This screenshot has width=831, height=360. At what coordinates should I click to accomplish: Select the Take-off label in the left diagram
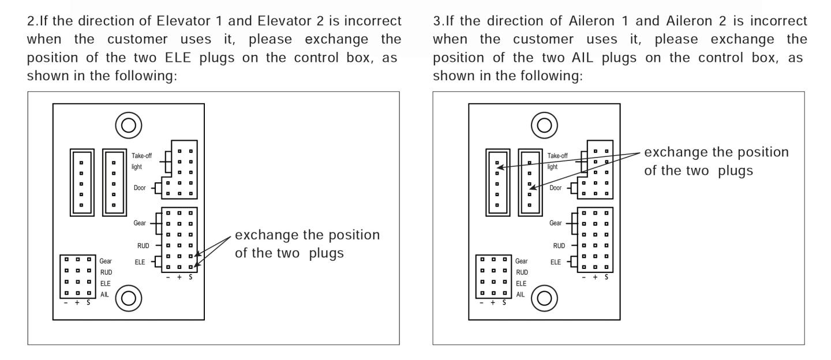click(142, 156)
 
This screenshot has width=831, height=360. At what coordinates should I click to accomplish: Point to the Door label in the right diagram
click(555, 188)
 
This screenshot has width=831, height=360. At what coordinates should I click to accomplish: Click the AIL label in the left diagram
click(104, 295)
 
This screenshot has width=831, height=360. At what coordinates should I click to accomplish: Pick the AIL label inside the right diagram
click(521, 295)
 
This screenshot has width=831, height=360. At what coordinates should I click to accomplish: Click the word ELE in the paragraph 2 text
click(178, 58)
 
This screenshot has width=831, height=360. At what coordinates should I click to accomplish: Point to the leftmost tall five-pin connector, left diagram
click(82, 182)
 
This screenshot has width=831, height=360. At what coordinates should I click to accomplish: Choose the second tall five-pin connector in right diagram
click(530, 182)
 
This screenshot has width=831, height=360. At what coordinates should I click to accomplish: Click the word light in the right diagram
click(552, 167)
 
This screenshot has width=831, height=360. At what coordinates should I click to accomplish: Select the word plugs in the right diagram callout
click(735, 171)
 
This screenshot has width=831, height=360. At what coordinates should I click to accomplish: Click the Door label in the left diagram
click(140, 188)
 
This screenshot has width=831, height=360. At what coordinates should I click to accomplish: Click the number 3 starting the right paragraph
click(437, 21)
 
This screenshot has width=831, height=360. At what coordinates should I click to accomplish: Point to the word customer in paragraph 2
click(137, 39)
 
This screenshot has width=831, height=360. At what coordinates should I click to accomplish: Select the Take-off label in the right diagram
click(557, 156)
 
